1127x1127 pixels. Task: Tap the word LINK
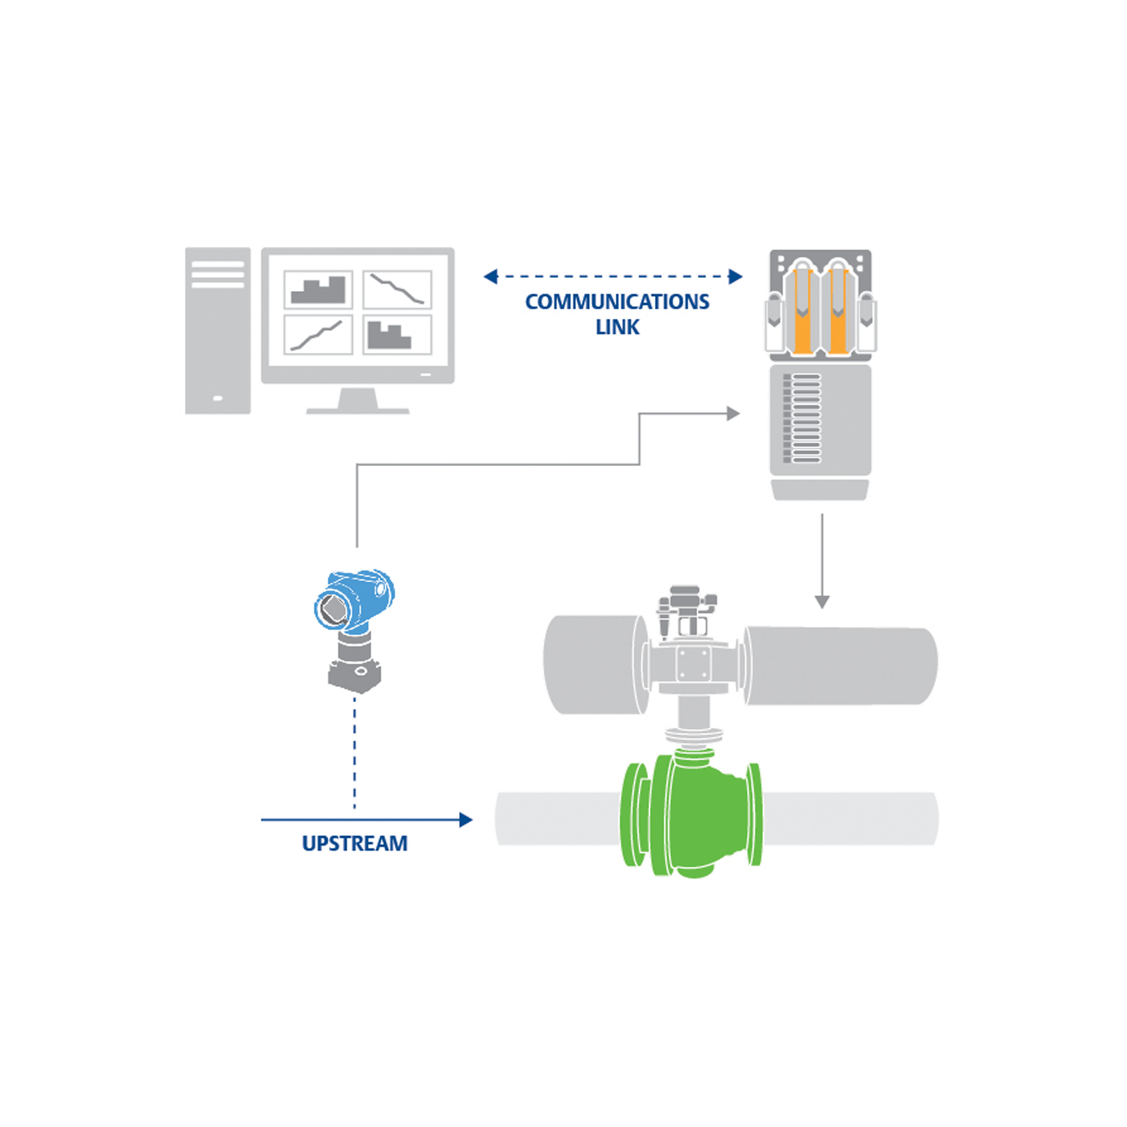coord(617,327)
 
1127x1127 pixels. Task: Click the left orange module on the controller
coord(803,312)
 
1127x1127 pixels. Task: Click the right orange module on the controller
coord(838,312)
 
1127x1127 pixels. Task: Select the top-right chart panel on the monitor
coord(397,289)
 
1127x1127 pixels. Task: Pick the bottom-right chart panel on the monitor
coord(397,334)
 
